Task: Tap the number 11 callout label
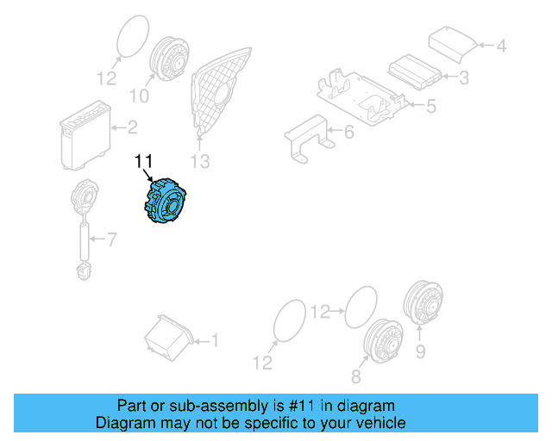click(x=142, y=161)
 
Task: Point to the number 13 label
click(x=200, y=160)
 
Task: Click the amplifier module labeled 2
click(x=84, y=132)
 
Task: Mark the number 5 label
click(x=431, y=106)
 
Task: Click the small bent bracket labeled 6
click(x=306, y=138)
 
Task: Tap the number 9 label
click(x=421, y=351)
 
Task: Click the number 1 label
click(x=215, y=341)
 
